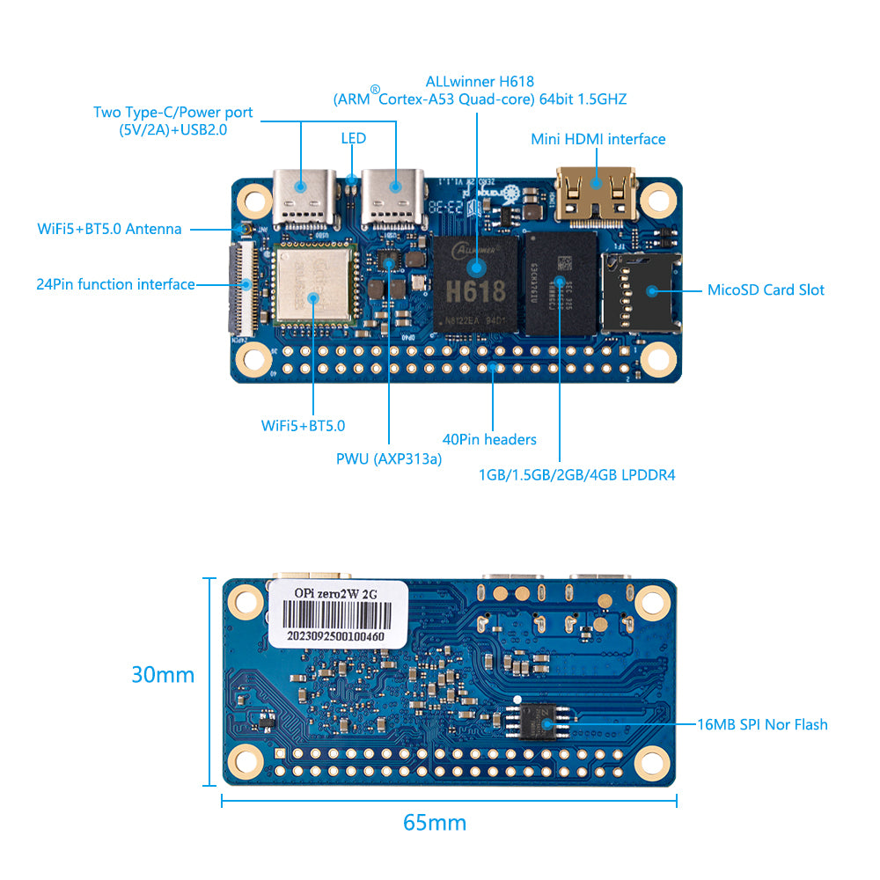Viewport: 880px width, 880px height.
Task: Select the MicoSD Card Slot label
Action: tap(766, 290)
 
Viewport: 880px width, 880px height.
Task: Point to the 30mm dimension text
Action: tap(163, 675)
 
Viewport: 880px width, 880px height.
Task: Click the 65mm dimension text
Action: tap(435, 823)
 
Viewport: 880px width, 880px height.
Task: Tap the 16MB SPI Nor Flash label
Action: tap(762, 724)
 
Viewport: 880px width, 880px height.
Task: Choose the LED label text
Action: tap(353, 138)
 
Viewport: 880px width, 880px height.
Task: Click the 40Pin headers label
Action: tap(489, 439)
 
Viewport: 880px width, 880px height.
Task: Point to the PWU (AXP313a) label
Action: tap(389, 458)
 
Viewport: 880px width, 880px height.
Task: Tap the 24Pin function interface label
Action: tap(115, 284)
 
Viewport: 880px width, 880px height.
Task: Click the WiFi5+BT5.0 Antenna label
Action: tap(109, 229)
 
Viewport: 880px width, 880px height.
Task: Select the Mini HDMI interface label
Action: tap(598, 139)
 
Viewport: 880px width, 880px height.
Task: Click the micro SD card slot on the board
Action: tap(641, 291)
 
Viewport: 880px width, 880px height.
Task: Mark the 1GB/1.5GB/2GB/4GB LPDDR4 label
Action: tap(576, 474)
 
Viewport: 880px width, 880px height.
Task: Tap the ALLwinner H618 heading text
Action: tap(479, 81)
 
